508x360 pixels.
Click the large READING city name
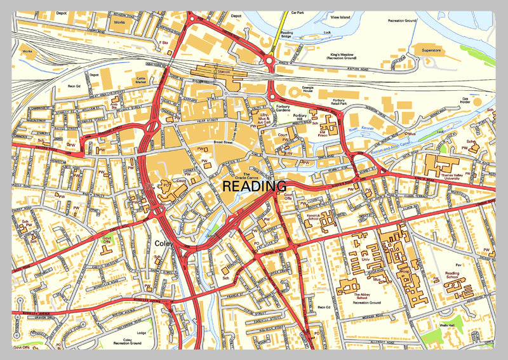(254, 186)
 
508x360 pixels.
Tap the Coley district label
(164, 243)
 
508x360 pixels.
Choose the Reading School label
(452, 276)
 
